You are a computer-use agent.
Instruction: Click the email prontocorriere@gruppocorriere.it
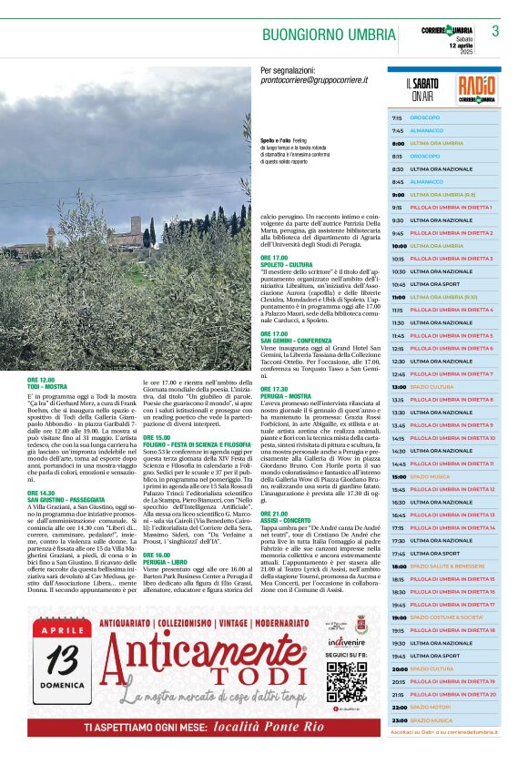(x=314, y=81)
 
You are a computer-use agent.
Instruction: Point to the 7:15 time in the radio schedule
(x=397, y=117)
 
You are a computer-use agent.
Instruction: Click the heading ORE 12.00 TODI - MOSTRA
(x=55, y=382)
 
